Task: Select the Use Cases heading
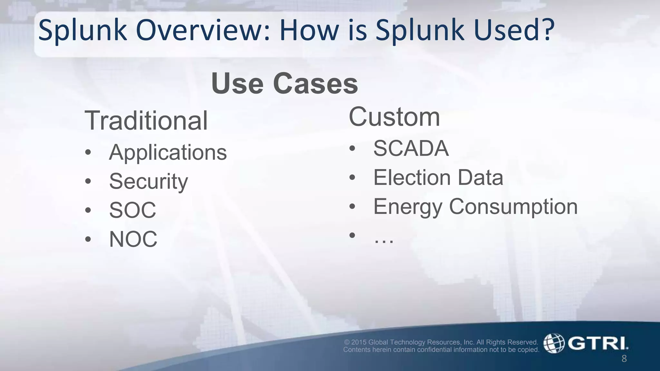coord(285,83)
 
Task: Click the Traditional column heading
coord(146,120)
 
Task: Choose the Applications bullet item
coord(168,152)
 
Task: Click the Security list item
coord(149,181)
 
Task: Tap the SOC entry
coord(132,210)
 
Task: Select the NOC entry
coord(133,239)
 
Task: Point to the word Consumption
coord(513,206)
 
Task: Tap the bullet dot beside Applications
coord(88,152)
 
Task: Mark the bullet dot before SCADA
coord(352,148)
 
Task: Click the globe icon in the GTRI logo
coord(554,343)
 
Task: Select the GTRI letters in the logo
coord(597,343)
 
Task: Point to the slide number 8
coord(624,358)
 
